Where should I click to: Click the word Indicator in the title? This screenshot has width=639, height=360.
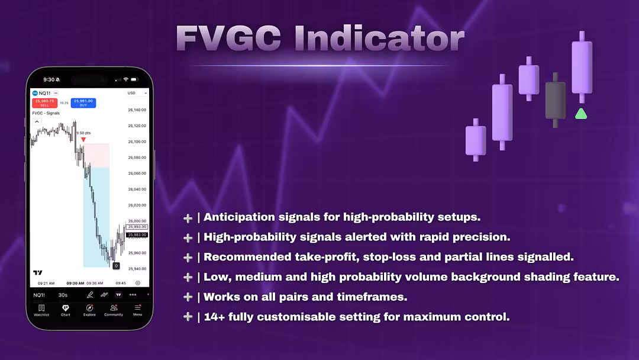379,39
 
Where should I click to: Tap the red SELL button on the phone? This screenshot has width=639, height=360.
45,103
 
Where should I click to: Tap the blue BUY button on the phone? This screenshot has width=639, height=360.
83,103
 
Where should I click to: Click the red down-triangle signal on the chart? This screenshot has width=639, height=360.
83,140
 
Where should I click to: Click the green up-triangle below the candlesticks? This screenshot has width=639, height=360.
581,114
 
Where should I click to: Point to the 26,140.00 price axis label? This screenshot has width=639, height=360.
137,110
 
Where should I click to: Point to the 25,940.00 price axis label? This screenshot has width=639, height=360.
137,269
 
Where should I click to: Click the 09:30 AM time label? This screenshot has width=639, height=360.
75,283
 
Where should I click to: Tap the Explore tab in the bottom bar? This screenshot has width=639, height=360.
89,310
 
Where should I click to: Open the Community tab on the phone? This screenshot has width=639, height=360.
114,310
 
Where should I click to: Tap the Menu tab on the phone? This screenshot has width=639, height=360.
137,310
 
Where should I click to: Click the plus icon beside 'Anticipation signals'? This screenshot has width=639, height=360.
188,218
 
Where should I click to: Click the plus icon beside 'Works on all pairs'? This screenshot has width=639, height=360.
188,297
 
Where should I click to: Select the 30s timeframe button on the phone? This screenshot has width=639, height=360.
63,295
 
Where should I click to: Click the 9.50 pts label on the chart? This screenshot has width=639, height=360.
83,133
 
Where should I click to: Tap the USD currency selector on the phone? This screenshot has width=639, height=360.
132,93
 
